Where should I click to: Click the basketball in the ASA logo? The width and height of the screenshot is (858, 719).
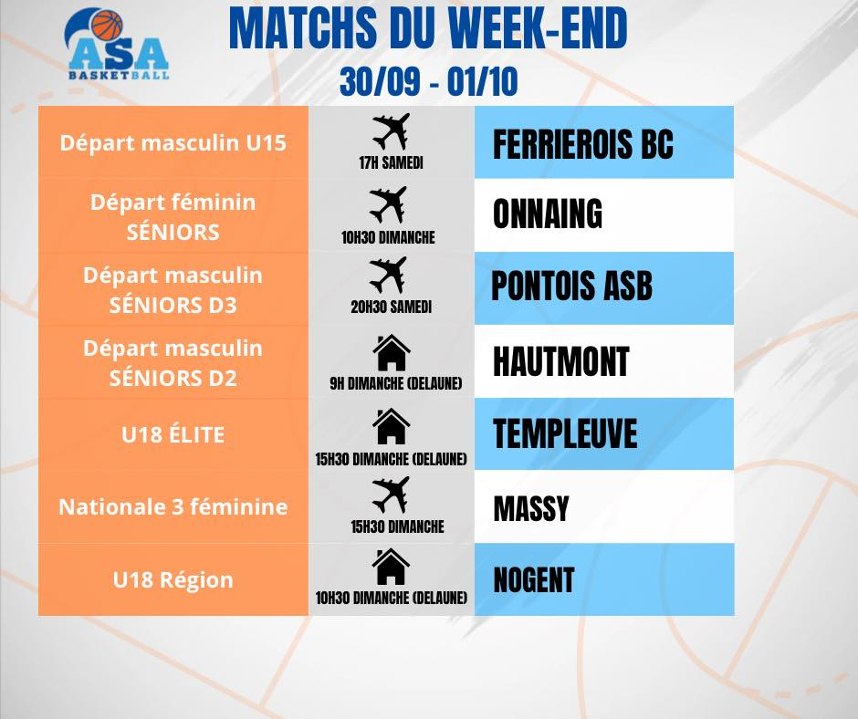click(x=107, y=26)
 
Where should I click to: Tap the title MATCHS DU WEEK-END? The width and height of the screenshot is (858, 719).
click(x=428, y=28)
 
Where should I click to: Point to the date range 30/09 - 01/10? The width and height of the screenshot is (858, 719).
click(x=428, y=82)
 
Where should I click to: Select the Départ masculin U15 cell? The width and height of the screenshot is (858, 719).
click(x=173, y=143)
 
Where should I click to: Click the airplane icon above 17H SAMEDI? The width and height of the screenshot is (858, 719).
click(x=391, y=131)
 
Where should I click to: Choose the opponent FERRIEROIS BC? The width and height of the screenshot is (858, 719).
click(x=582, y=144)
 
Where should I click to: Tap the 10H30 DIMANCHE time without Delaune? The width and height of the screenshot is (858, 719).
click(x=388, y=237)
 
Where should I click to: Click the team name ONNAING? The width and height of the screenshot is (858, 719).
click(x=547, y=214)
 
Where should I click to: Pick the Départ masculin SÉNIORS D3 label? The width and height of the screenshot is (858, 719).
click(x=173, y=290)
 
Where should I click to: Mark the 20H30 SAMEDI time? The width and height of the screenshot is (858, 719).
click(x=392, y=307)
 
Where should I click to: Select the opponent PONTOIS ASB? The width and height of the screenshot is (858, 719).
click(x=571, y=286)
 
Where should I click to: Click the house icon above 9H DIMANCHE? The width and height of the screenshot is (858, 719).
click(x=392, y=353)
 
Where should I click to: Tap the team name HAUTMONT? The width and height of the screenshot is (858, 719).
click(x=560, y=361)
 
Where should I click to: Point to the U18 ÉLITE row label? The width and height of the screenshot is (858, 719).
click(x=173, y=434)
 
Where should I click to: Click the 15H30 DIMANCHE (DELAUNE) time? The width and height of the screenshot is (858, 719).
click(x=392, y=459)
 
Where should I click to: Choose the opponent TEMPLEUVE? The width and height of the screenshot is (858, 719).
click(x=565, y=433)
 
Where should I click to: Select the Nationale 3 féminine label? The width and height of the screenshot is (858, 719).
click(x=173, y=506)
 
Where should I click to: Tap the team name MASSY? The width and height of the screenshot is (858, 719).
click(x=531, y=508)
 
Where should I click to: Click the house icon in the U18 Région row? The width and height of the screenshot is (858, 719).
click(x=391, y=567)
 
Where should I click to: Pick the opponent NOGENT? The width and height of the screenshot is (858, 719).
click(x=534, y=580)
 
